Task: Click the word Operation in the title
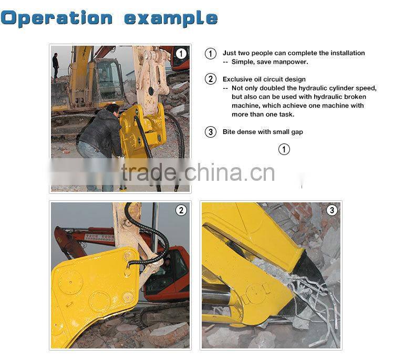point(56,18)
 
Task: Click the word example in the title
point(171,19)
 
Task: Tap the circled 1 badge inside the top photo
point(181,53)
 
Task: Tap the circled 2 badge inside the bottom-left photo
point(181,210)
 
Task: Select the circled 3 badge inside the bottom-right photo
point(331,210)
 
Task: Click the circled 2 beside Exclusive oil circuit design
point(211,79)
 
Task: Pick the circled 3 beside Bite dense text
point(211,132)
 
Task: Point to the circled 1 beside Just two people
point(211,53)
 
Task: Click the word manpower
point(291,62)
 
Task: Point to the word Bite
point(230,132)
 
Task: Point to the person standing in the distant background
point(56,66)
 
